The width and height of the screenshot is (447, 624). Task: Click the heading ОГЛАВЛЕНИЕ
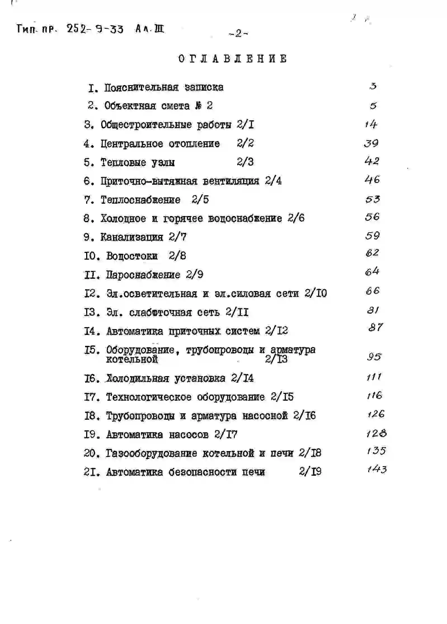(232, 59)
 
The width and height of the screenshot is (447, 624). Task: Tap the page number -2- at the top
(238, 34)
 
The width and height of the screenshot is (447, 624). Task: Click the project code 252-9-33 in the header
(95, 29)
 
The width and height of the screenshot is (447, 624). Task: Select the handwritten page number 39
(371, 143)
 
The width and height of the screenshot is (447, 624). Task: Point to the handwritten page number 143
(377, 469)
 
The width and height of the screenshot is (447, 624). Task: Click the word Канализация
(131, 237)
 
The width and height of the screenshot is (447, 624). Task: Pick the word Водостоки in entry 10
(132, 256)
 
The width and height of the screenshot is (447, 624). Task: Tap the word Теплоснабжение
(140, 200)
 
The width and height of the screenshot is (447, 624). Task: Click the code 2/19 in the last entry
(310, 472)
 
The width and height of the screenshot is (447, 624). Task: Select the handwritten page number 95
(374, 357)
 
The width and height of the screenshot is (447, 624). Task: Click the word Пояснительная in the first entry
(141, 87)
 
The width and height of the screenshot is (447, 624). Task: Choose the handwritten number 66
(372, 291)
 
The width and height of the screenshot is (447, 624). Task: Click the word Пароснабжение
(143, 275)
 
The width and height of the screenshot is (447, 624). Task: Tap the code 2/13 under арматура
(276, 359)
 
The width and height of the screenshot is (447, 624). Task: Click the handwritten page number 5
(373, 106)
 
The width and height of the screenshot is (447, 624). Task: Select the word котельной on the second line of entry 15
(132, 359)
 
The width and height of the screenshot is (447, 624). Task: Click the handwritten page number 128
(377, 434)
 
